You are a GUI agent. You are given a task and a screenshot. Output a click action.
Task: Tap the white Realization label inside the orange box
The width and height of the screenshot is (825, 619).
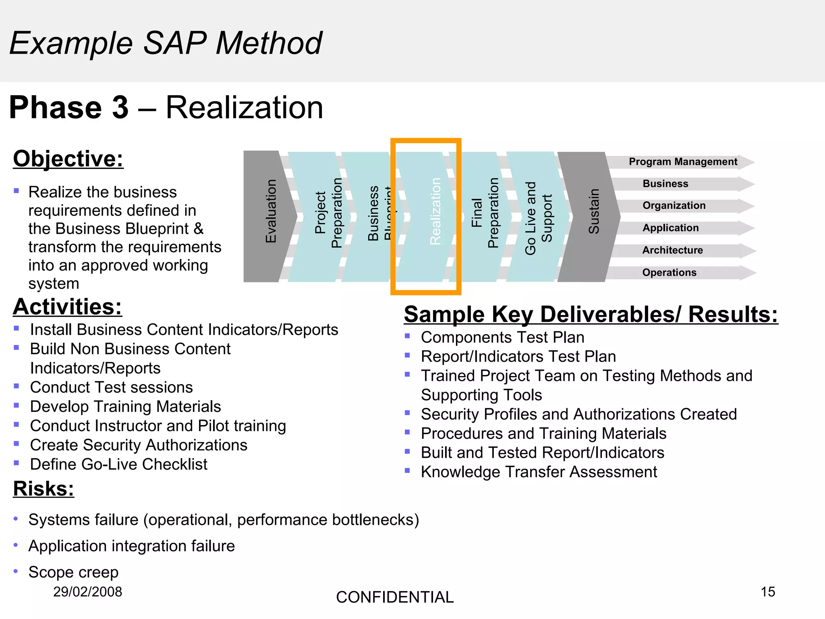coord(435,211)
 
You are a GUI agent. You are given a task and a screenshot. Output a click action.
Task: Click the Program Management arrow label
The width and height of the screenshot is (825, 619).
coord(683,162)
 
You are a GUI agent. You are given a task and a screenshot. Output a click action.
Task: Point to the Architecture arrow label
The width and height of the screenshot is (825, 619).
coord(672,250)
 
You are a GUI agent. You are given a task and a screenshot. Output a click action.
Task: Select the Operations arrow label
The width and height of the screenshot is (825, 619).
coord(669,272)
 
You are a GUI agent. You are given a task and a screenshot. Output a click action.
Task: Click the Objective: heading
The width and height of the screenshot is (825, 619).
coord(68,159)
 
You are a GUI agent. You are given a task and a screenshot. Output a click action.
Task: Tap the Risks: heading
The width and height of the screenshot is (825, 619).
coord(44,489)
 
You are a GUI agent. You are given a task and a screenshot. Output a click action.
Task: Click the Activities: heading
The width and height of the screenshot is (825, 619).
coord(67,307)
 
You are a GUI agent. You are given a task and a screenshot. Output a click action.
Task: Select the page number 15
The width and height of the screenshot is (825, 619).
coord(767,592)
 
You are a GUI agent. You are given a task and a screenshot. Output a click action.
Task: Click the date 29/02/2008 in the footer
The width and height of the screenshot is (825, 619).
coord(87,592)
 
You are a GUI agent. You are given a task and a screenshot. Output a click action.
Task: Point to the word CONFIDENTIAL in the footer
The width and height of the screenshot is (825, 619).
coord(395,597)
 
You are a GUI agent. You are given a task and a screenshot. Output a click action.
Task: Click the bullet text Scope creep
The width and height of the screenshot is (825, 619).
coord(73,572)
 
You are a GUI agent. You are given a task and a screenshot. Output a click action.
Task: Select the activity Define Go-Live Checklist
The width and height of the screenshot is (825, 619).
coord(118,464)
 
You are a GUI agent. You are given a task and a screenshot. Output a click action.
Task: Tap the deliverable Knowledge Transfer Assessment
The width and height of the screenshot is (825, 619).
coord(539,472)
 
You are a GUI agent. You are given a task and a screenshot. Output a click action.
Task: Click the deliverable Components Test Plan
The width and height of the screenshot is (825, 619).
coord(502,337)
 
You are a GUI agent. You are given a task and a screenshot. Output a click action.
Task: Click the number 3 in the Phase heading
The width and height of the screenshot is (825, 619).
coord(120,108)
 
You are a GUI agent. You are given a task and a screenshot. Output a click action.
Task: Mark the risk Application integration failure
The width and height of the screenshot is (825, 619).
coord(131,546)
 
